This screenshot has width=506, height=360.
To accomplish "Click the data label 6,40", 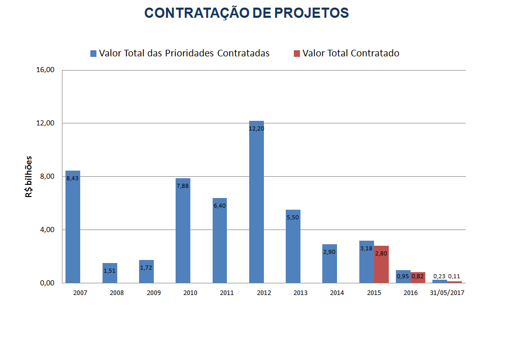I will click(x=220, y=206).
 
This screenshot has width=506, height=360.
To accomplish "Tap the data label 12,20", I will click(x=256, y=128).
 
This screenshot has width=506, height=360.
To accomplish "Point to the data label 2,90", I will click(x=329, y=252).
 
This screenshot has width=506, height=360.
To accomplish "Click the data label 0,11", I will click(x=454, y=276).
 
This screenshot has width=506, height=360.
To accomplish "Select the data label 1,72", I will click(x=146, y=268).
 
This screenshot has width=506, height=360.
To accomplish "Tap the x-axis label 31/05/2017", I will click(x=447, y=293).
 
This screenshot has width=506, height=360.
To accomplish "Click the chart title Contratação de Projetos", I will click(x=247, y=13).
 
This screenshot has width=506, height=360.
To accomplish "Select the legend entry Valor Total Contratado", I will click(x=350, y=53).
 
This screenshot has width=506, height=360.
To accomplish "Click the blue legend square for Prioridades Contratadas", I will click(x=93, y=53).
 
